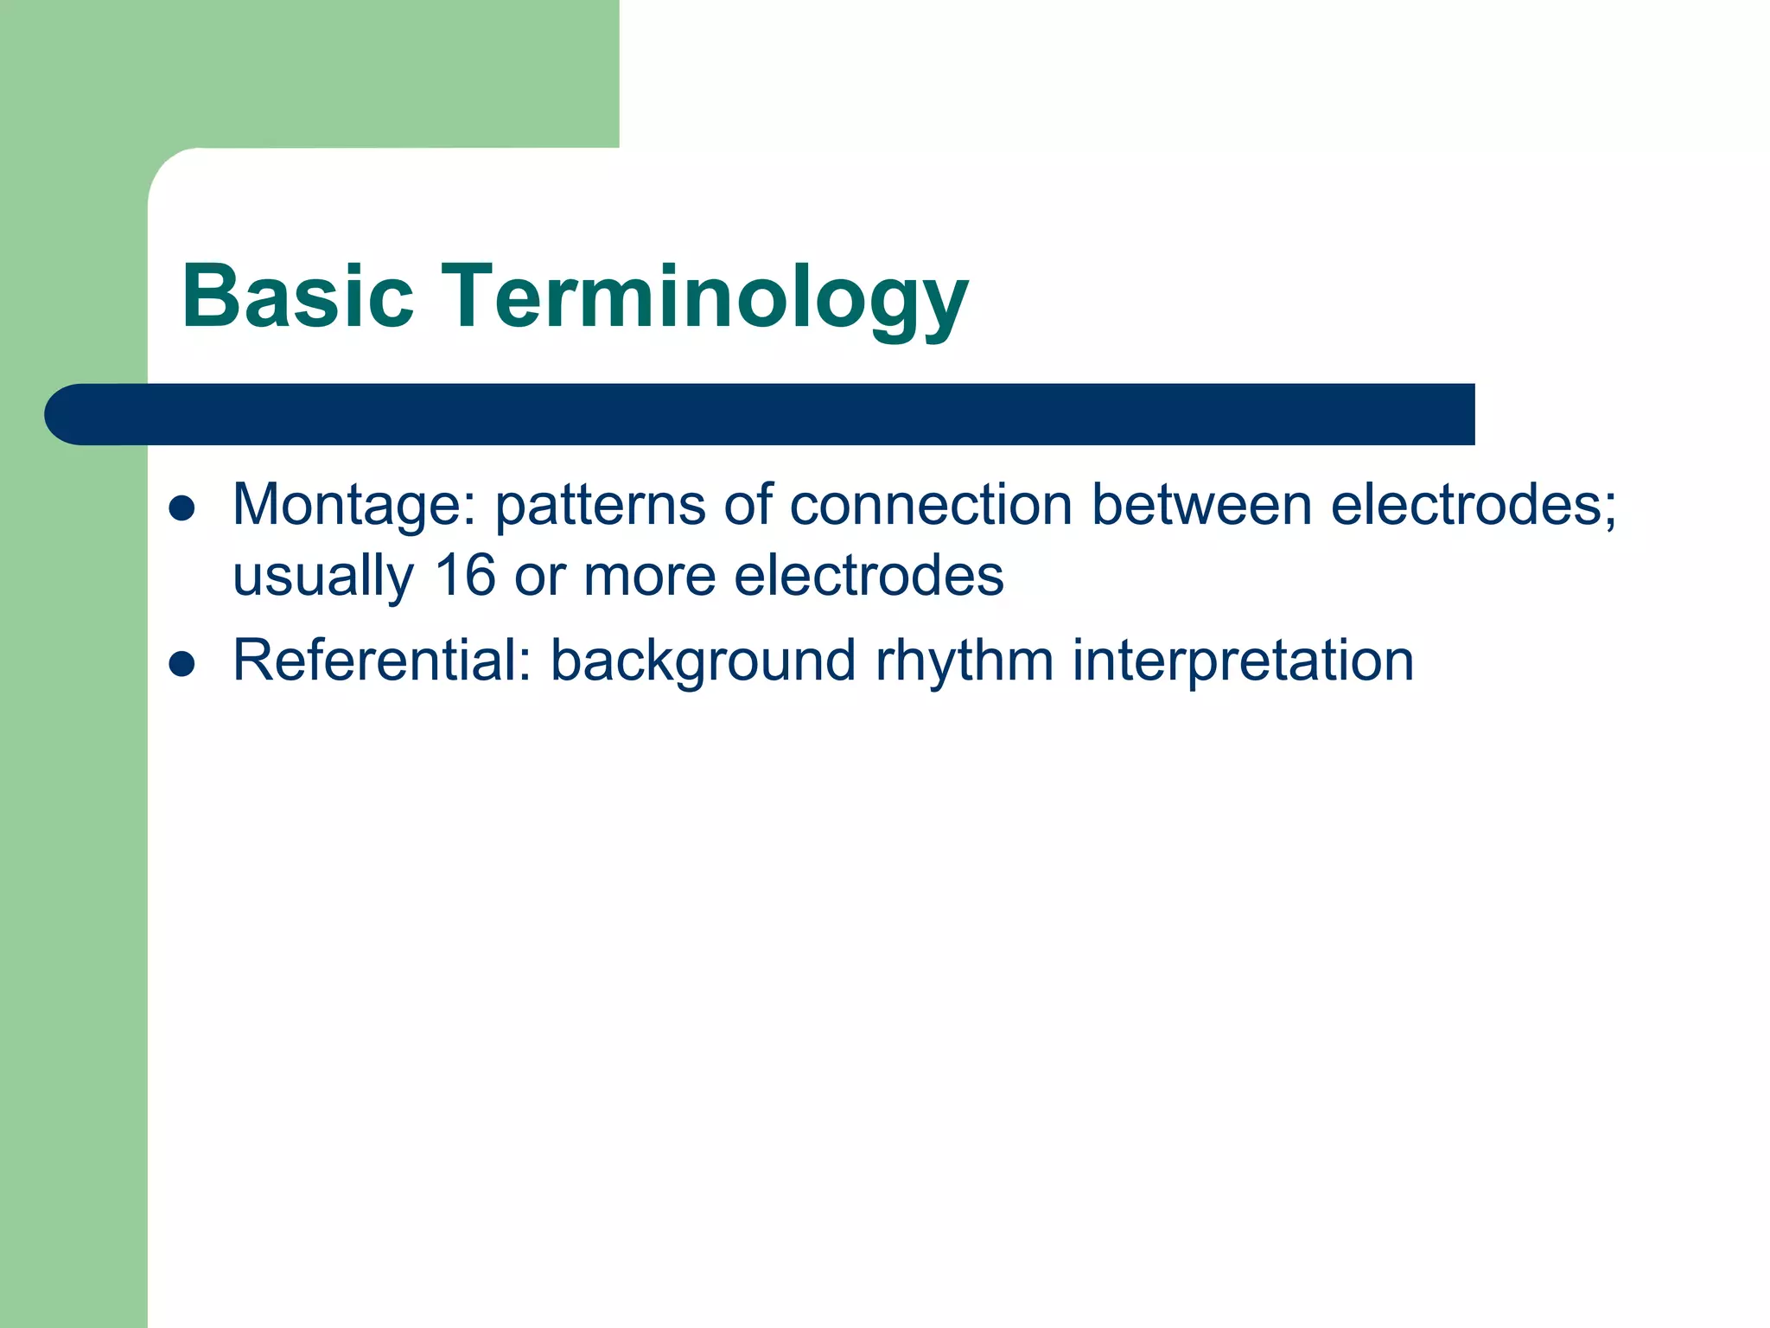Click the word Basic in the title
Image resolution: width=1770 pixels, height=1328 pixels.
pos(298,297)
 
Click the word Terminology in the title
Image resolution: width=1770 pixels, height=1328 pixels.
pos(704,297)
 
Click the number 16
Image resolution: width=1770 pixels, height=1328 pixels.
pos(465,577)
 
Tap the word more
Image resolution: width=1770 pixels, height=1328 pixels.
pos(649,577)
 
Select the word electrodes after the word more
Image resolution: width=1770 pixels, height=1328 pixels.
pos(869,577)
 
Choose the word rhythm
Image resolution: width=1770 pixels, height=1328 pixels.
pos(964,661)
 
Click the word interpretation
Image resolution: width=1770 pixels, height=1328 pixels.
pos(1243,661)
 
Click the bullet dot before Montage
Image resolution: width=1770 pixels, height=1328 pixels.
pos(181,509)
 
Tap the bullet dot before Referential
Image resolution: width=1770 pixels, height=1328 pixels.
pos(181,664)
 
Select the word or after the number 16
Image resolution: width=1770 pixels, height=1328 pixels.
pos(539,577)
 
